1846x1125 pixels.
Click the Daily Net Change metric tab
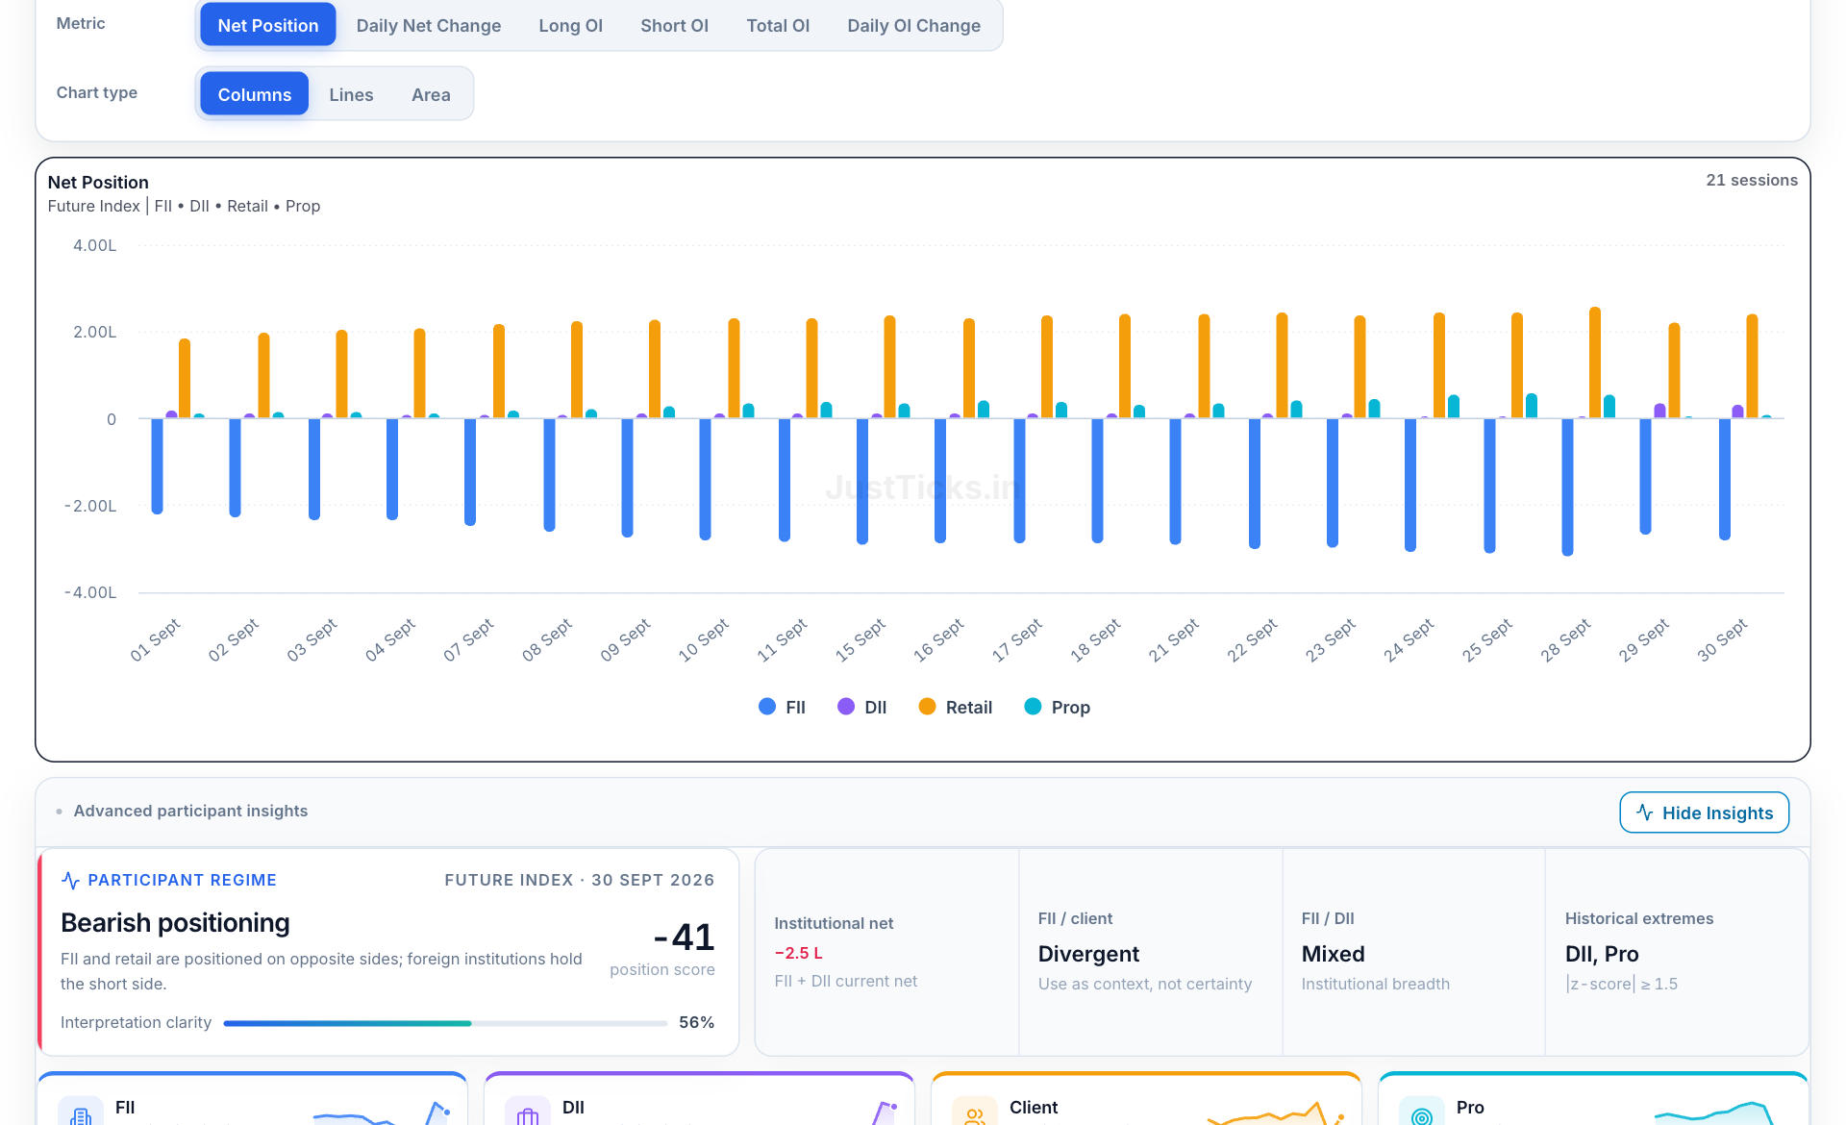pyautogui.click(x=428, y=26)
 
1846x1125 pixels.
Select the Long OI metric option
pyautogui.click(x=570, y=26)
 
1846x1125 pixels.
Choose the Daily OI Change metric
pyautogui.click(x=913, y=26)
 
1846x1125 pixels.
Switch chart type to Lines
pyautogui.click(x=351, y=94)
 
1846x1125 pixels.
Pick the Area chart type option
pyautogui.click(x=431, y=94)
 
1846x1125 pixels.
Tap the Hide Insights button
pyautogui.click(x=1704, y=812)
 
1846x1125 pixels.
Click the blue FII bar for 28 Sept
pyautogui.click(x=1567, y=487)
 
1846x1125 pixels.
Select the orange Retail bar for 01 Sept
pyautogui.click(x=185, y=378)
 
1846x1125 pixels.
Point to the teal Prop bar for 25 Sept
pyautogui.click(x=1531, y=406)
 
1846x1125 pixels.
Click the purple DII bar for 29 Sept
pyautogui.click(x=1659, y=411)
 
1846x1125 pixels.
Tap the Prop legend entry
pyautogui.click(x=1057, y=708)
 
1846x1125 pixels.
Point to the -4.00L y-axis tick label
pyautogui.click(x=90, y=592)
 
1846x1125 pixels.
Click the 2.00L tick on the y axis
pyautogui.click(x=94, y=332)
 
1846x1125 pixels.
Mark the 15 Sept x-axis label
pyautogui.click(x=861, y=640)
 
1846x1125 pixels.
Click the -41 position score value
pyautogui.click(x=684, y=937)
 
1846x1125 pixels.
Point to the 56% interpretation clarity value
pyautogui.click(x=696, y=1022)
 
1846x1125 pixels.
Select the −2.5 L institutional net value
pyautogui.click(x=798, y=953)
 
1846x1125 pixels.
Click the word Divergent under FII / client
pyautogui.click(x=1088, y=954)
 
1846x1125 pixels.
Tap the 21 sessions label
pyautogui.click(x=1752, y=180)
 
